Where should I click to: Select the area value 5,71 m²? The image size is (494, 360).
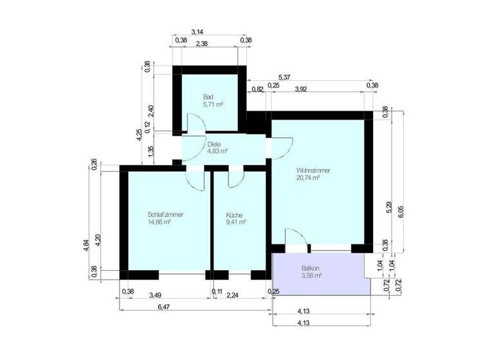click(x=213, y=104)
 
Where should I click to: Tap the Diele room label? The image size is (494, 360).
click(x=214, y=144)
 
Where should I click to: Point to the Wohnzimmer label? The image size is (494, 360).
click(x=313, y=170)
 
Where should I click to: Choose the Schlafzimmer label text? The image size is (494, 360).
click(x=165, y=214)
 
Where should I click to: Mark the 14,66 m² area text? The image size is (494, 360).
click(x=159, y=222)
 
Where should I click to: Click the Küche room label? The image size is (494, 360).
click(x=234, y=214)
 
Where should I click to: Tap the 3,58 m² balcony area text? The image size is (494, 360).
click(x=311, y=275)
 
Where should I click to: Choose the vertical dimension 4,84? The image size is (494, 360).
click(x=87, y=247)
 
